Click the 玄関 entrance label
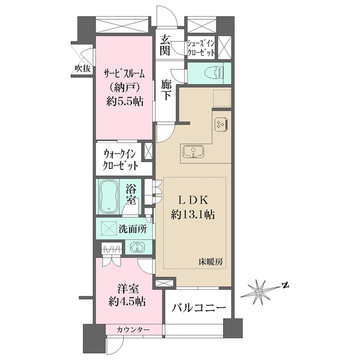(x=166, y=46)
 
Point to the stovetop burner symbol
(x=220, y=123)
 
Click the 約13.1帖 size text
(x=191, y=214)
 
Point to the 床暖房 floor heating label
(x=212, y=261)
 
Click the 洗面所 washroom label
(x=130, y=228)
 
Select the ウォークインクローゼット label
(x=120, y=158)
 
